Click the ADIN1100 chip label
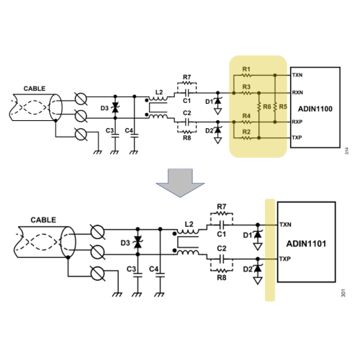pos(315,109)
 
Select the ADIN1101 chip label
pos(306,244)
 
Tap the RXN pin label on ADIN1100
pos(297,93)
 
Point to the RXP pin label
pos(297,122)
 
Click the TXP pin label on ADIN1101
pos(285,259)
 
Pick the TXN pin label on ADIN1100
pos(297,76)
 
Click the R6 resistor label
pos(267,107)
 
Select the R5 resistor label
pos(283,107)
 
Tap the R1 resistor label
pos(246,69)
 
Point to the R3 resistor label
pos(246,86)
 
